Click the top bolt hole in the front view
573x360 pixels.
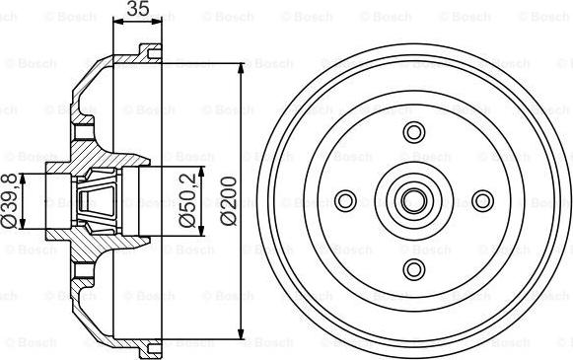(413, 133)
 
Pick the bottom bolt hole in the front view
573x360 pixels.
(413, 269)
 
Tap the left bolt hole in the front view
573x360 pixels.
(345, 201)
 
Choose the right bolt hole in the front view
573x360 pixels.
(481, 201)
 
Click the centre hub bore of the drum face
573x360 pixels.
(413, 201)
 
